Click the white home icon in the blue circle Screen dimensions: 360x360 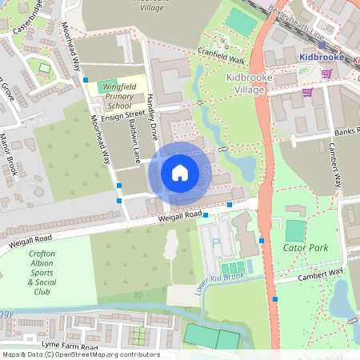[x=180, y=172]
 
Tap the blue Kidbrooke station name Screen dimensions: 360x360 [x=320, y=57]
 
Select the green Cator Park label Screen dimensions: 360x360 [x=306, y=248]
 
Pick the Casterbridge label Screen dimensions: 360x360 [x=29, y=22]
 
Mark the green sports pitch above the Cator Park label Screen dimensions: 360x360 [x=295, y=230]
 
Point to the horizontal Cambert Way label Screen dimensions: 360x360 [x=320, y=274]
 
